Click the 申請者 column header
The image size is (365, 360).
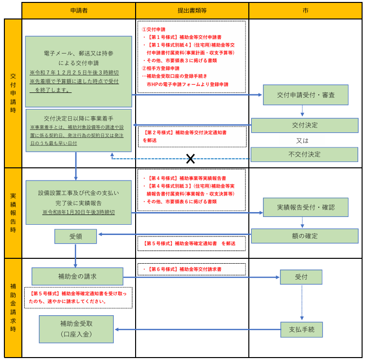[x=79, y=11]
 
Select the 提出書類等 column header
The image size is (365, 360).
[x=192, y=11]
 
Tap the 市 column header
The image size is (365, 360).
[x=305, y=11]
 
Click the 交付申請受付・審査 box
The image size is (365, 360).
[x=306, y=95]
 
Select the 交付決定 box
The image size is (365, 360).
[x=305, y=126]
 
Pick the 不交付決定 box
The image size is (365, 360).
[x=304, y=154]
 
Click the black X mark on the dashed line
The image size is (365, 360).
[x=191, y=159]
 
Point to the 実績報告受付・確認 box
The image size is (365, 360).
[x=306, y=207]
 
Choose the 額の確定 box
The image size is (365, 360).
[x=305, y=236]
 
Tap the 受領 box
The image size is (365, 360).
[x=76, y=236]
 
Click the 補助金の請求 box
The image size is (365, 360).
[x=77, y=276]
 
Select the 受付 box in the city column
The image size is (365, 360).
[x=301, y=277]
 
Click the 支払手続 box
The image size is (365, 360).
[x=301, y=330]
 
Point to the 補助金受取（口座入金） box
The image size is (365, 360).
[x=76, y=329]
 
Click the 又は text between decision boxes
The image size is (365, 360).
[x=302, y=141]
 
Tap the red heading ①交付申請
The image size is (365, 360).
[x=154, y=30]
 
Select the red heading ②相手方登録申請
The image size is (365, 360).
[x=160, y=68]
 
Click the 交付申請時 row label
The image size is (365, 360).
[x=13, y=93]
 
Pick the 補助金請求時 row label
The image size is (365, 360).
[x=13, y=307]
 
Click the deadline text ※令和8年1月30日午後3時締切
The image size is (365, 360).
[x=78, y=212]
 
